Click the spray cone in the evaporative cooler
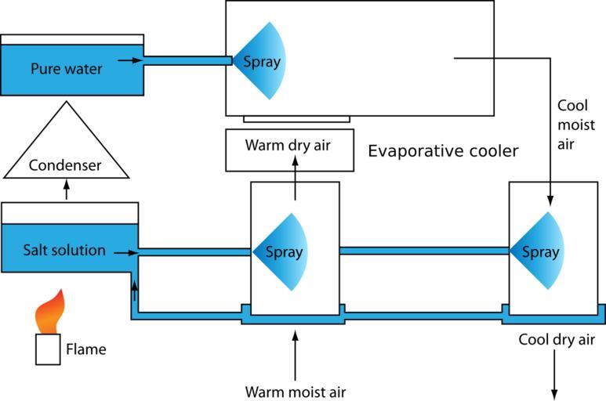tap(262, 60)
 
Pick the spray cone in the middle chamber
tap(283, 252)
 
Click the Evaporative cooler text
tap(443, 151)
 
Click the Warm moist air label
tap(295, 391)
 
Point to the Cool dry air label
tap(557, 340)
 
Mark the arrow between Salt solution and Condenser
tap(66, 188)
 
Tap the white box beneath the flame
tap(49, 349)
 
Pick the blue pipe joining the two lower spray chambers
tap(423, 251)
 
